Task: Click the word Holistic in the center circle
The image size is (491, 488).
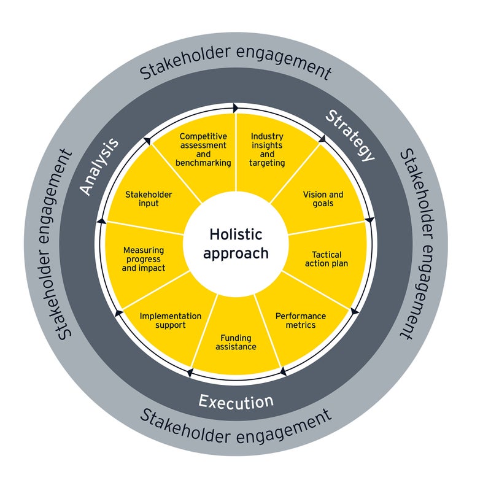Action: point(236,234)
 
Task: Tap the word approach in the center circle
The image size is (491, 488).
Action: point(236,253)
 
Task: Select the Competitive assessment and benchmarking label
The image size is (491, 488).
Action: point(203,149)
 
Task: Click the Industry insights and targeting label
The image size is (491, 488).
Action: point(268,149)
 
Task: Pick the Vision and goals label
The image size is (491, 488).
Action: point(323,199)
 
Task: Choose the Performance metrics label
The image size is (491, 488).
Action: point(300,320)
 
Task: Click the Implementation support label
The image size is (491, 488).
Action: point(171,320)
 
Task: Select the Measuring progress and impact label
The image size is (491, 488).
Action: point(144,259)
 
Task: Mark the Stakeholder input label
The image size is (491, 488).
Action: point(149,199)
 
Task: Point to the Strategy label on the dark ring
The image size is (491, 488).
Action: point(349,136)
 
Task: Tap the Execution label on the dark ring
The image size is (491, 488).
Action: point(236,401)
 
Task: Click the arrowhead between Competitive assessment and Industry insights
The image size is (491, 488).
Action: point(236,108)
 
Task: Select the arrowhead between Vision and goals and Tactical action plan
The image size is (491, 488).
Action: point(369,220)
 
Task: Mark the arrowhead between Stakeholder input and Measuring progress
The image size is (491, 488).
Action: point(101,220)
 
